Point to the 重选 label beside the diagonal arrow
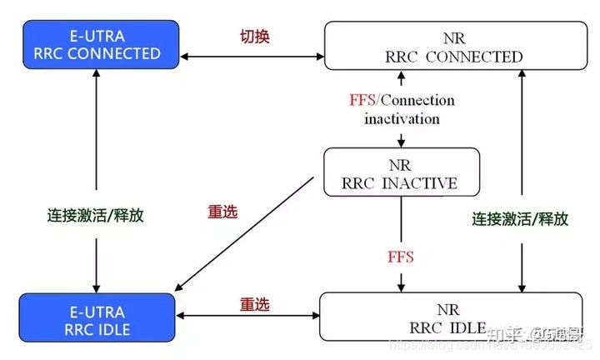pos(222,212)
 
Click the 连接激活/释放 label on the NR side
pos(520,218)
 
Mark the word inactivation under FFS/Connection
pos(402,118)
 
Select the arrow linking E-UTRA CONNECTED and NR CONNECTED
pos(250,57)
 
